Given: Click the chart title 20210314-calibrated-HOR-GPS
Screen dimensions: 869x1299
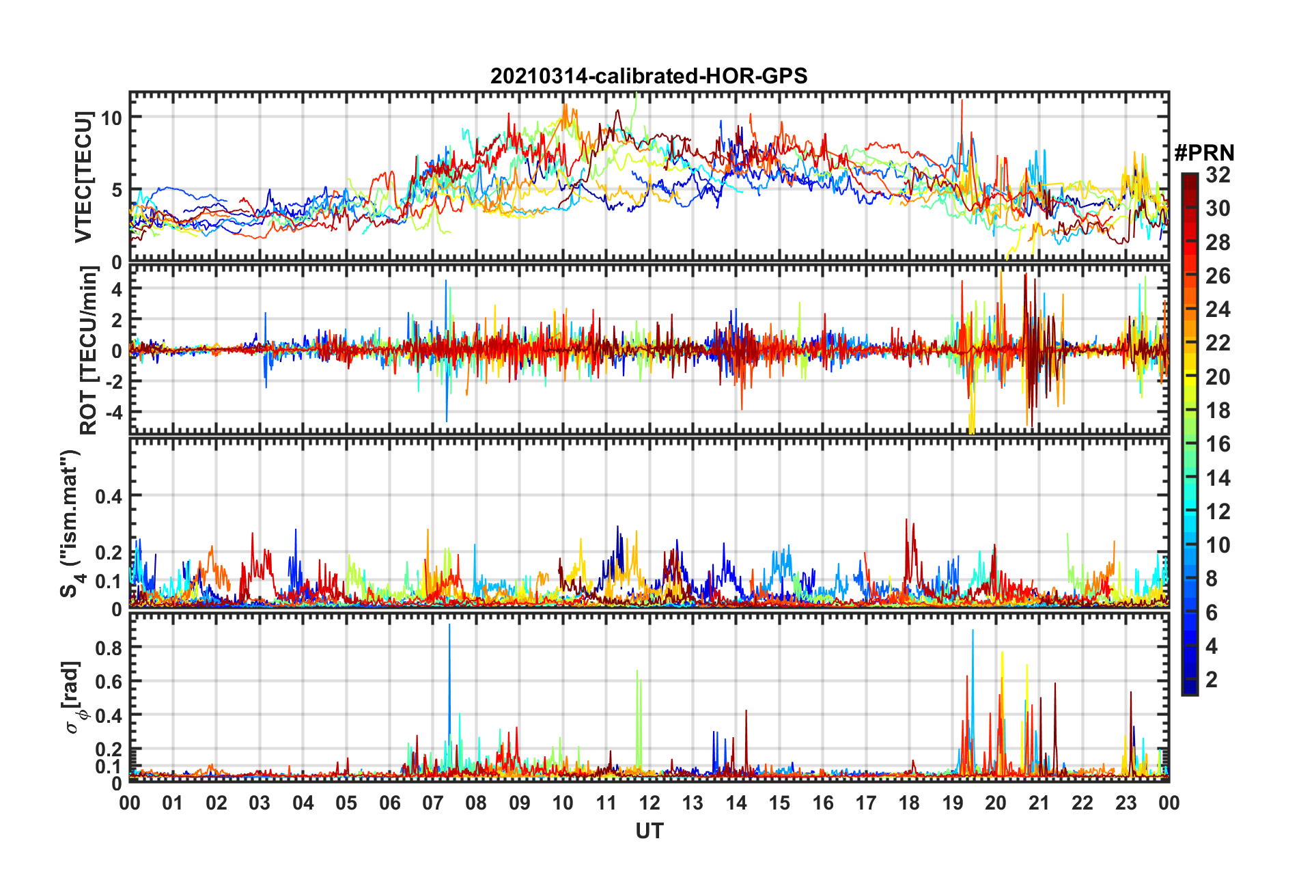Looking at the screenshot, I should pyautogui.click(x=649, y=76).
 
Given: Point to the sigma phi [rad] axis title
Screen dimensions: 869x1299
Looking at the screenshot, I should pyautogui.click(x=75, y=697).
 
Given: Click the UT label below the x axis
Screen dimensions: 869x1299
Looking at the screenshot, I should pyautogui.click(x=649, y=831).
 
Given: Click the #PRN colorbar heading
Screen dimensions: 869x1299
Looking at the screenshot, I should pyautogui.click(x=1204, y=153).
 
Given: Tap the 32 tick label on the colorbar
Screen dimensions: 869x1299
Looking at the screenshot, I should pyautogui.click(x=1218, y=175).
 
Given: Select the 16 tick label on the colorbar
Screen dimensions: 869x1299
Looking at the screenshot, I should pyautogui.click(x=1218, y=444).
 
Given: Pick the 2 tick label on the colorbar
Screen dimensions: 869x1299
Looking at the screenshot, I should pyautogui.click(x=1212, y=679).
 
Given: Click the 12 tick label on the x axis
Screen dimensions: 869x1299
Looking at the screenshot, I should pyautogui.click(x=649, y=803).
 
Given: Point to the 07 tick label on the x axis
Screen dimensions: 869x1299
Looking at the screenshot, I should pyautogui.click(x=432, y=803).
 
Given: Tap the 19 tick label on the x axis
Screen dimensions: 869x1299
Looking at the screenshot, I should pyautogui.click(x=952, y=803).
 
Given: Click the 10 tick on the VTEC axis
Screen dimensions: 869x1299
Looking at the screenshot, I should pyautogui.click(x=111, y=118).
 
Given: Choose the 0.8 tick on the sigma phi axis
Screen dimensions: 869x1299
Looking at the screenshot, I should pyautogui.click(x=108, y=647).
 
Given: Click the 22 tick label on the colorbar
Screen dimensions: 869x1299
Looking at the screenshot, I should pyautogui.click(x=1218, y=343).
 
